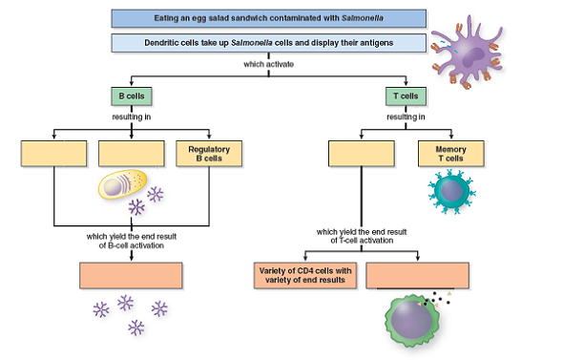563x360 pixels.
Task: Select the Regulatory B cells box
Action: tap(208, 155)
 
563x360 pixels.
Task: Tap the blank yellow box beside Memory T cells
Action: tap(361, 155)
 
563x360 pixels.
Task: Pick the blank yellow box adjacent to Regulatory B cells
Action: tap(132, 155)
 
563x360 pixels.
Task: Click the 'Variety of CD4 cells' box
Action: tap(304, 275)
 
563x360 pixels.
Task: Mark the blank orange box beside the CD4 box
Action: tap(418, 275)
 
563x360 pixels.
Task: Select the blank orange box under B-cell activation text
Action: tap(131, 275)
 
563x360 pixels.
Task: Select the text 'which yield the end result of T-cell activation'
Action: tap(362, 235)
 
